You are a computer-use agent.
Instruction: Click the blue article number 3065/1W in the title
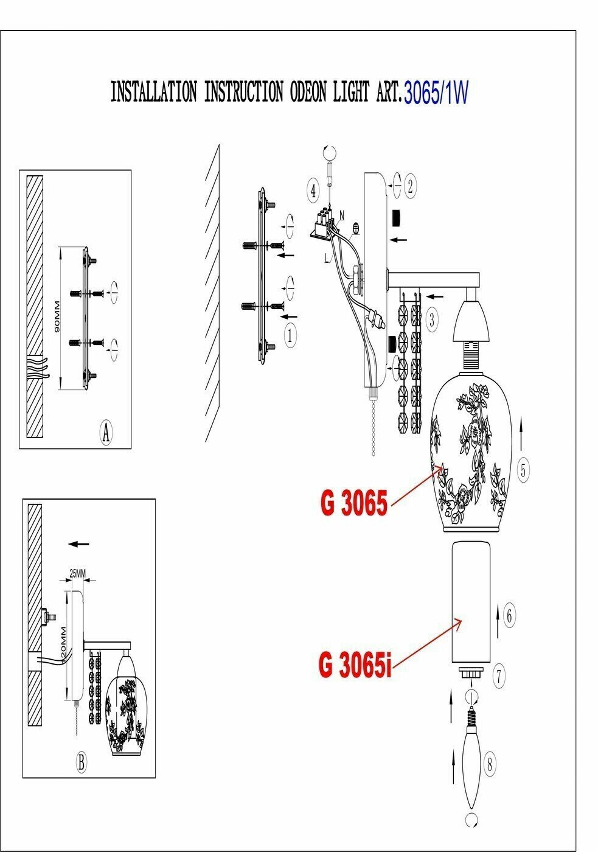tap(436, 93)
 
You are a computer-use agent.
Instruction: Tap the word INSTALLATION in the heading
tap(153, 92)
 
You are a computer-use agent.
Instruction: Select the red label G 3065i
tap(353, 665)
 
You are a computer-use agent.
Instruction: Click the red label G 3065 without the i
tap(353, 503)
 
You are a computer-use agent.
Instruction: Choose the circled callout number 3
tap(431, 319)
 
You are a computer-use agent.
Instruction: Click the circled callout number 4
tap(313, 190)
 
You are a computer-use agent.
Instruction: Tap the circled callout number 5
tap(524, 469)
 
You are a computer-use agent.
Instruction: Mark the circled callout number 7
tap(498, 675)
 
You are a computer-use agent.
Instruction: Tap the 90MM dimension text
tap(57, 316)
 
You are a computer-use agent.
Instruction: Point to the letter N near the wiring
tap(342, 215)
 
